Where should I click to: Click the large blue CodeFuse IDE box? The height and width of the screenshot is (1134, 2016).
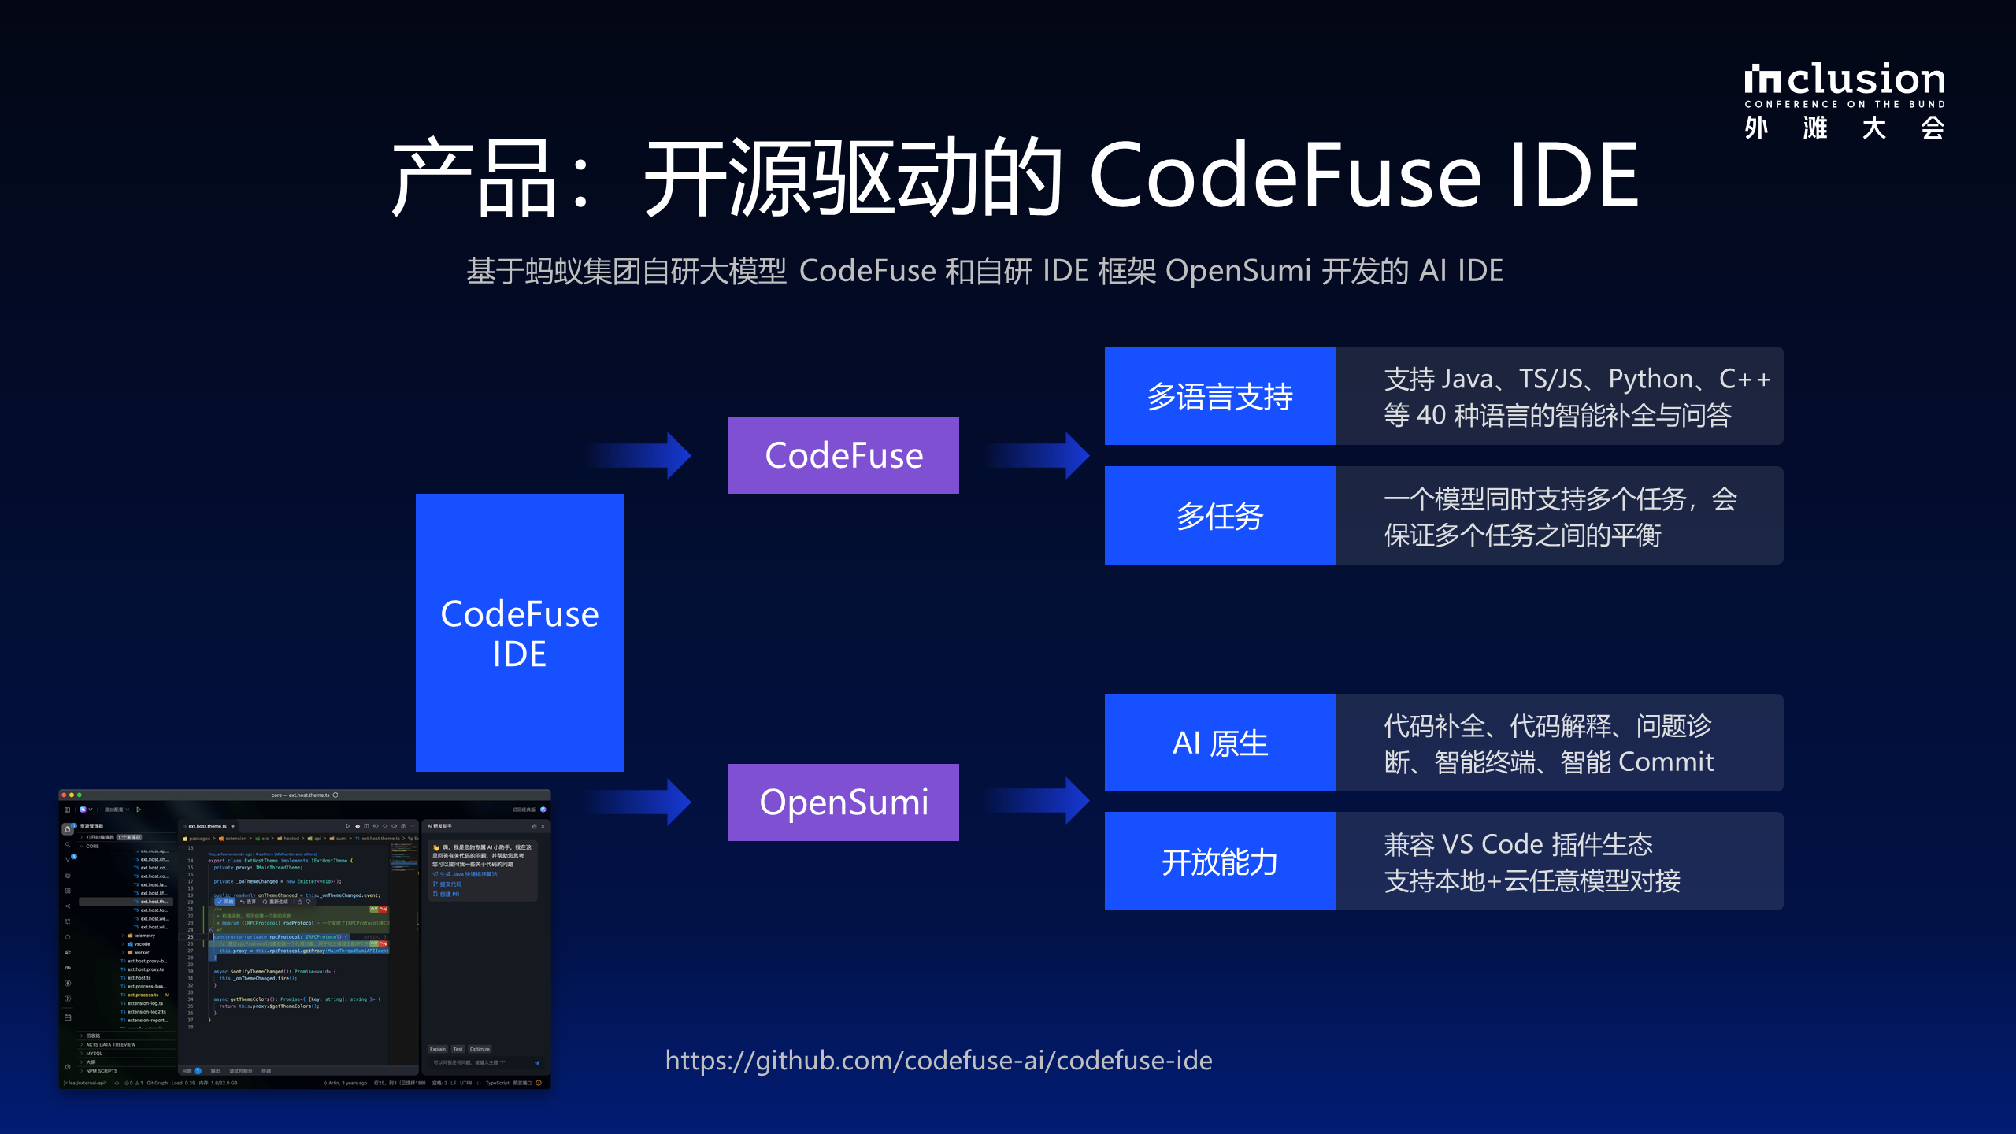pos(520,632)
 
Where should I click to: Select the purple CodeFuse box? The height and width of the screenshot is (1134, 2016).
pos(843,455)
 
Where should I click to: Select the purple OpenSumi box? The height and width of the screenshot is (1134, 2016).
pos(843,802)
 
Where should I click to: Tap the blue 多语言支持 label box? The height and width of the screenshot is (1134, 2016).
pos(1220,396)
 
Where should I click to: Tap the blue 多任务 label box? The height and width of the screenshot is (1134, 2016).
pos(1220,516)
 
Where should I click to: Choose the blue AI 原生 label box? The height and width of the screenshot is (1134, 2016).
pos(1220,743)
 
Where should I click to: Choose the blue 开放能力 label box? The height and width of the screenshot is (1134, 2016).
pos(1220,862)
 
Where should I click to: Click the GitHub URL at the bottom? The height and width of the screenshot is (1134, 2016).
pos(939,1061)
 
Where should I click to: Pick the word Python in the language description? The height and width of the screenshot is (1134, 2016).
pos(1651,380)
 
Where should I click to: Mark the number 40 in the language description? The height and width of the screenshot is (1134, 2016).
pos(1431,415)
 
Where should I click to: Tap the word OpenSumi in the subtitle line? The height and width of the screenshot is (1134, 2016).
pos(1238,271)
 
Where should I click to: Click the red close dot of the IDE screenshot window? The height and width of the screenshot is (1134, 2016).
pos(65,795)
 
